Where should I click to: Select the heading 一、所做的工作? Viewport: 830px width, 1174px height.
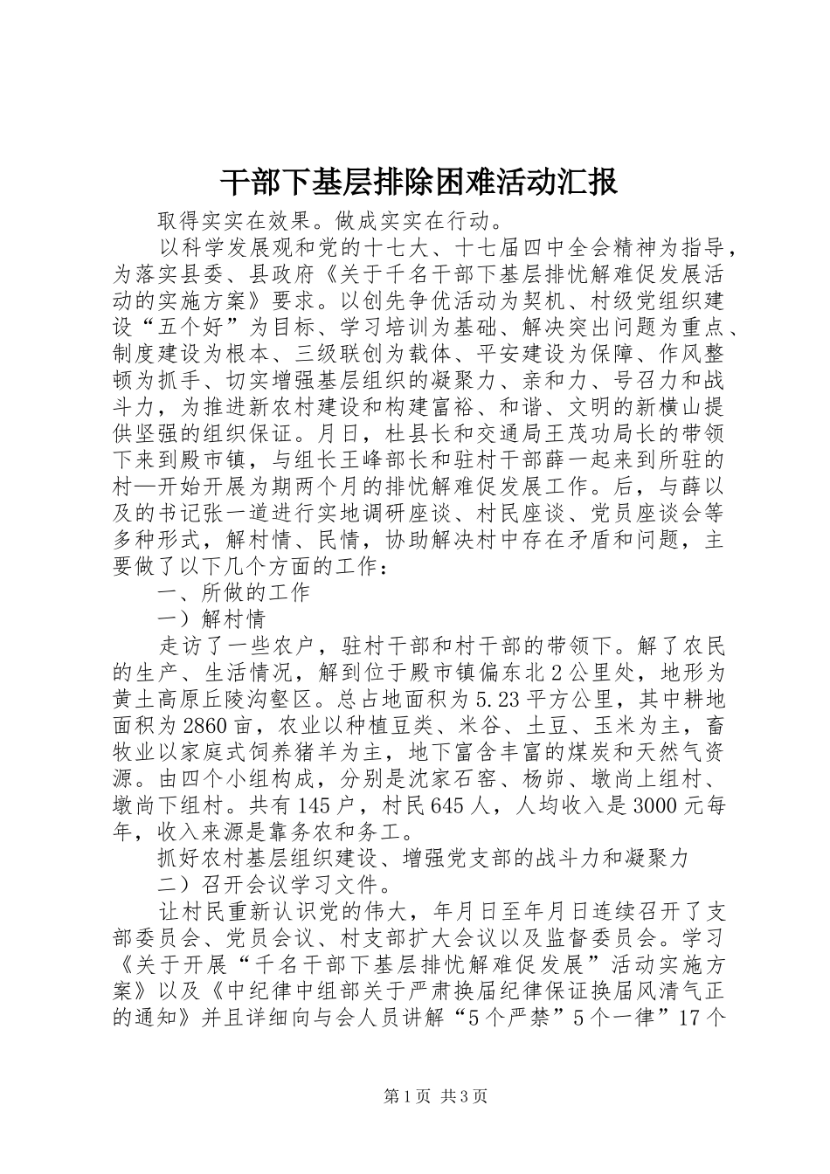(x=233, y=593)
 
